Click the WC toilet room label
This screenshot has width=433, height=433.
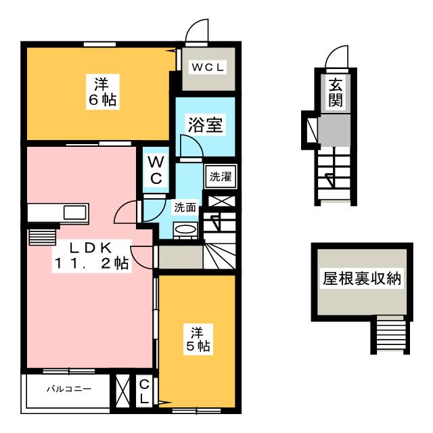(x=155, y=170)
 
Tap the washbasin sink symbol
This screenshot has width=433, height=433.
(x=186, y=231)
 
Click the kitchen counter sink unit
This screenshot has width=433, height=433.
(x=58, y=212)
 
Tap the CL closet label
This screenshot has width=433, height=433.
(x=144, y=392)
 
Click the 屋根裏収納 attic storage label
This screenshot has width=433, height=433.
(x=361, y=279)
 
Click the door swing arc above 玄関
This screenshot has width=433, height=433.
(x=336, y=58)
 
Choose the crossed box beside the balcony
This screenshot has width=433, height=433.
(x=122, y=392)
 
